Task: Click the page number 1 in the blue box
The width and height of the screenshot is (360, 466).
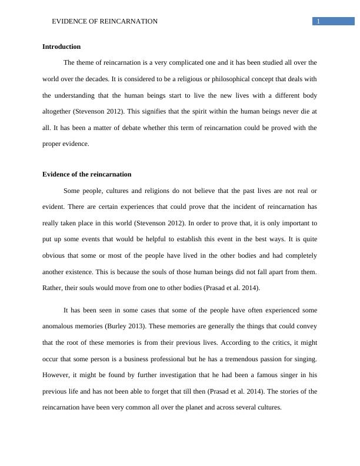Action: (318, 22)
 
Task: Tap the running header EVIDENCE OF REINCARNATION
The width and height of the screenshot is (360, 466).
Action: (105, 22)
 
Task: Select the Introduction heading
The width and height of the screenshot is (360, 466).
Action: (61, 46)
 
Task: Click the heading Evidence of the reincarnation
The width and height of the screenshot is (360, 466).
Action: (86, 174)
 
